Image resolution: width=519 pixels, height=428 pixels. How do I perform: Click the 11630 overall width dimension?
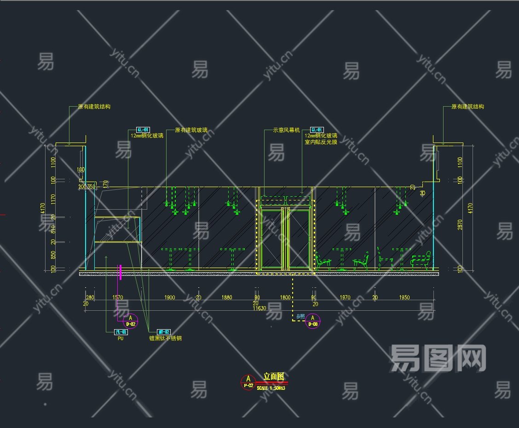pyautogui.click(x=259, y=308)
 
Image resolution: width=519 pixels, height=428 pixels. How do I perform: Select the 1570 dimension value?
pyautogui.click(x=118, y=297)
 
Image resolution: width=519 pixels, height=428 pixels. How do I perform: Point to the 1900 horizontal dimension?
pyautogui.click(x=169, y=297)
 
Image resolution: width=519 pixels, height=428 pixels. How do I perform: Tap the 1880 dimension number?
pyautogui.click(x=227, y=297)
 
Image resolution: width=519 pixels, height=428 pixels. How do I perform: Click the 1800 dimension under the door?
pyautogui.click(x=285, y=297)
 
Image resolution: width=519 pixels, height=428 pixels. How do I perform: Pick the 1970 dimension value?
pyautogui.click(x=345, y=297)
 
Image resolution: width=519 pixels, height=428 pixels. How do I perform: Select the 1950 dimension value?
pyautogui.click(x=404, y=297)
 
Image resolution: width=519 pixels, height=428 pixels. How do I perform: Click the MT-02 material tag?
pyautogui.click(x=164, y=332)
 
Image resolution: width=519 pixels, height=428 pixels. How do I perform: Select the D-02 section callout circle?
pyautogui.click(x=131, y=320)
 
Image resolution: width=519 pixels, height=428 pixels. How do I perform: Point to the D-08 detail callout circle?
pyautogui.click(x=313, y=320)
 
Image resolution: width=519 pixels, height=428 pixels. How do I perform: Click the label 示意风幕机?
pyautogui.click(x=286, y=131)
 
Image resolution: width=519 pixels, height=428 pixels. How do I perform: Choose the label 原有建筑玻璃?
pyautogui.click(x=191, y=131)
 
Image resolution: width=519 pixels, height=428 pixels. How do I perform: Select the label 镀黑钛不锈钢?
pyautogui.click(x=165, y=338)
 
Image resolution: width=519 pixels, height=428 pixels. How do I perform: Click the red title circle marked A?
pyautogui.click(x=248, y=382)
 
